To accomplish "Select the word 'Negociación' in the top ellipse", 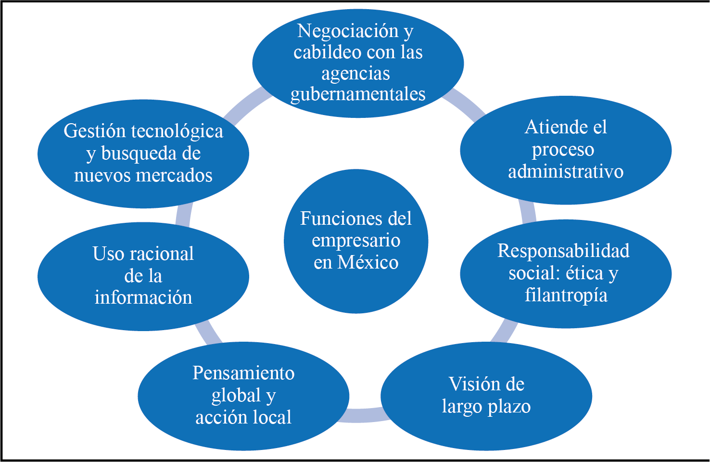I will [348, 31].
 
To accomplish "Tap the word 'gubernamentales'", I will [358, 94].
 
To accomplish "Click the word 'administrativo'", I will [566, 171].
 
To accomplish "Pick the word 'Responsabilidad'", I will [563, 251].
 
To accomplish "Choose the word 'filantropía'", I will [566, 295].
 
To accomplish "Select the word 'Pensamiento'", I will [243, 373].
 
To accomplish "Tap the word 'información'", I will [143, 297].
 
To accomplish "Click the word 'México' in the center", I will [368, 263].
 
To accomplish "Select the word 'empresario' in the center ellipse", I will [356, 241].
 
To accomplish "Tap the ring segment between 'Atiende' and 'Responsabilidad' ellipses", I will [528, 212].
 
